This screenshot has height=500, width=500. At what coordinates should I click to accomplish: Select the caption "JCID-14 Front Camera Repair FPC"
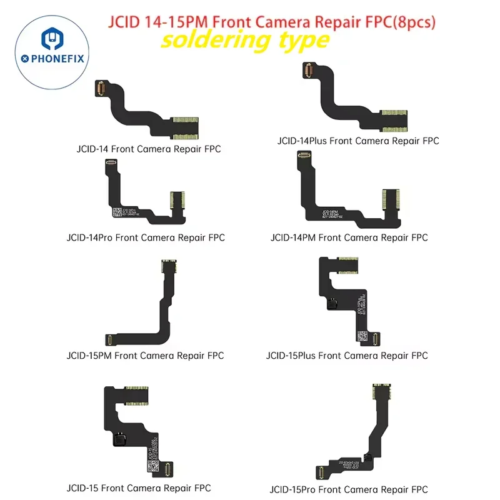point(146,149)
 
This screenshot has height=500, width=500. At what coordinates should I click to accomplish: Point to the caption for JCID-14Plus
point(358,141)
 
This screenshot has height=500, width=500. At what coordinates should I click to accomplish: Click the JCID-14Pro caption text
point(145,237)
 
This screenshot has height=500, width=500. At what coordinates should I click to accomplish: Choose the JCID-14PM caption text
point(349,237)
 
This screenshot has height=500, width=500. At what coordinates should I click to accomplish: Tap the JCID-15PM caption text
point(145,356)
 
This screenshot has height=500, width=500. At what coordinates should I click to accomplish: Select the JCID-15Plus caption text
point(347,356)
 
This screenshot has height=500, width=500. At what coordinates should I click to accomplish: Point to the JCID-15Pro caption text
point(349,489)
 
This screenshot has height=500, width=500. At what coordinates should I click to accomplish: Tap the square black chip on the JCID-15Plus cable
point(333,305)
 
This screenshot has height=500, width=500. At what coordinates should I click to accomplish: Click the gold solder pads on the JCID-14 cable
point(184,126)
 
